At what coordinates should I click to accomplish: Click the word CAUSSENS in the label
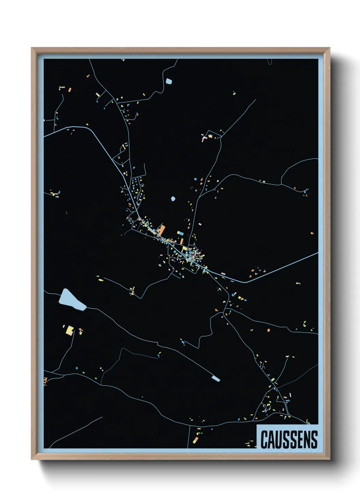click(289, 439)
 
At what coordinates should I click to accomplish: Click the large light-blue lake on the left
click(71, 300)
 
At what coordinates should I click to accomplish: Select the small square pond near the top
click(169, 81)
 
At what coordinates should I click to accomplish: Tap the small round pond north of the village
click(173, 198)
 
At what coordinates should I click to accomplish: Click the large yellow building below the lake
click(69, 330)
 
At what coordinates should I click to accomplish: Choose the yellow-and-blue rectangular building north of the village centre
click(180, 233)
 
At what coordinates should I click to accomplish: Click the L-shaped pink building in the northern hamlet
click(204, 138)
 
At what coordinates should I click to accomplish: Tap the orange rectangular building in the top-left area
click(70, 90)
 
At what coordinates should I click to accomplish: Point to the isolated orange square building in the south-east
click(268, 330)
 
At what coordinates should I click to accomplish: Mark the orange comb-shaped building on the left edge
click(45, 381)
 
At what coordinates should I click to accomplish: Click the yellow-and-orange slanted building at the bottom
click(196, 440)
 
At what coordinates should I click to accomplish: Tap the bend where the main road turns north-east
click(244, 282)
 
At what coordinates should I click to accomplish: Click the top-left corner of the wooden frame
click(32, 48)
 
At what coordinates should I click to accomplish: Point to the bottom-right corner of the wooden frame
click(329, 459)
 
